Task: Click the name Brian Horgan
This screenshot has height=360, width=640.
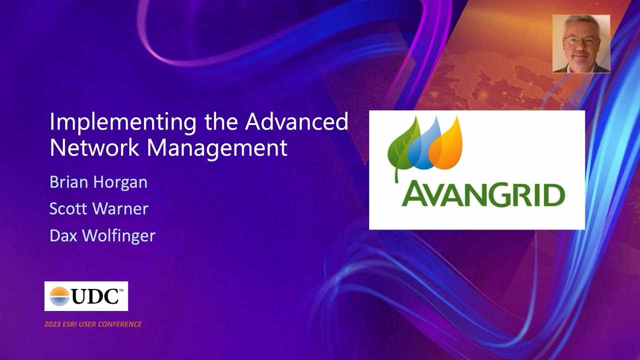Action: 98,182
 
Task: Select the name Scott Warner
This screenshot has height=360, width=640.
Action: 98,208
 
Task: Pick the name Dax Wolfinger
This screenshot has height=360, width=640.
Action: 102,235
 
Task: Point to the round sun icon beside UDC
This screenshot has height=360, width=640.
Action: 59,296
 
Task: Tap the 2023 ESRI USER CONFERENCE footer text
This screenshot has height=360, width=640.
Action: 93,324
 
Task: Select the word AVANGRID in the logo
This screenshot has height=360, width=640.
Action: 483,195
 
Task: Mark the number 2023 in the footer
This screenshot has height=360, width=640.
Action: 52,324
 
